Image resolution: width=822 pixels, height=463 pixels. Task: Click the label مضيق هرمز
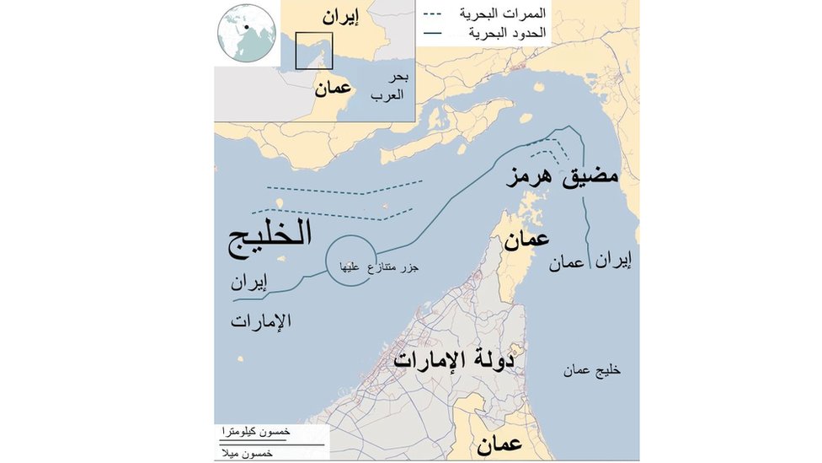tap(562, 176)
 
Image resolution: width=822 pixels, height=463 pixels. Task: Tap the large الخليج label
tap(270, 234)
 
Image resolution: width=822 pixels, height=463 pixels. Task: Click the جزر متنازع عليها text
tap(379, 266)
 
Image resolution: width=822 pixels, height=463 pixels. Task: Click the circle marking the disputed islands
tap(348, 260)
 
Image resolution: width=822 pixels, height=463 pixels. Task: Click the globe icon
tap(246, 32)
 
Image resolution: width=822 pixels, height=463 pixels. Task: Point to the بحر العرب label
tap(389, 86)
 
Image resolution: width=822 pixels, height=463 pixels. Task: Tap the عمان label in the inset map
tap(333, 88)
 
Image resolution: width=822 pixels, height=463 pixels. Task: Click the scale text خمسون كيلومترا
tap(256, 431)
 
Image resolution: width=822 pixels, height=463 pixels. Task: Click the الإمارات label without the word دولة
tap(261, 320)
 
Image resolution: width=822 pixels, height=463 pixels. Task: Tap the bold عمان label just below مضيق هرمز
tap(526, 240)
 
